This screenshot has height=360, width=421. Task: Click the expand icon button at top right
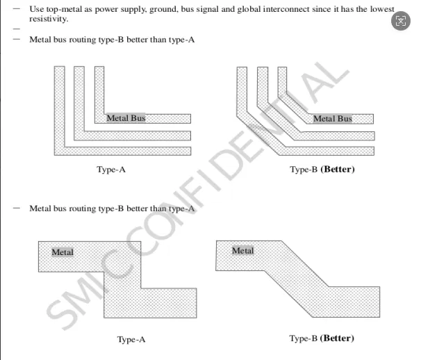[400, 21]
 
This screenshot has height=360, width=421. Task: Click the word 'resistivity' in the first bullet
[48, 19]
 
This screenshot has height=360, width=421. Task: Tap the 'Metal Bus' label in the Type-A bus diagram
[126, 118]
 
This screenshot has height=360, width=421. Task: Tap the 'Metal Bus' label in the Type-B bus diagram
[332, 119]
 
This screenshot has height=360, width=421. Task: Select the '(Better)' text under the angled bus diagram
[337, 170]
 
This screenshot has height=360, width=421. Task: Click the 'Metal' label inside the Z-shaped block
[62, 252]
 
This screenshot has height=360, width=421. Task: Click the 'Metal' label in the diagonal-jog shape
[242, 250]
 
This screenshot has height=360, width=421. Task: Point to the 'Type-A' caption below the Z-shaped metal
[131, 340]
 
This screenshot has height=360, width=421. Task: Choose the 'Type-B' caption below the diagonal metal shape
[303, 338]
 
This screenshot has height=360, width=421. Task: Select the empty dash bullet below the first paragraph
[15, 28]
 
